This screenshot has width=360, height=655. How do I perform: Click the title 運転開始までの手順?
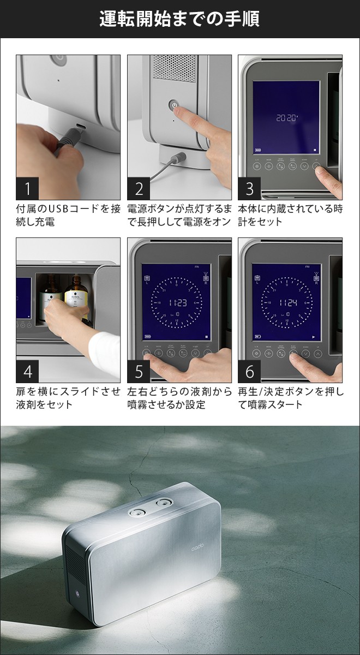pyautogui.click(x=179, y=19)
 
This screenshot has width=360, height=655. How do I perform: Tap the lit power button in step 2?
pyautogui.click(x=174, y=104)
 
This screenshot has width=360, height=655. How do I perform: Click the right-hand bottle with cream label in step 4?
pyautogui.click(x=76, y=297)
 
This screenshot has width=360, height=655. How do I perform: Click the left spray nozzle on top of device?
pyautogui.click(x=137, y=512)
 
